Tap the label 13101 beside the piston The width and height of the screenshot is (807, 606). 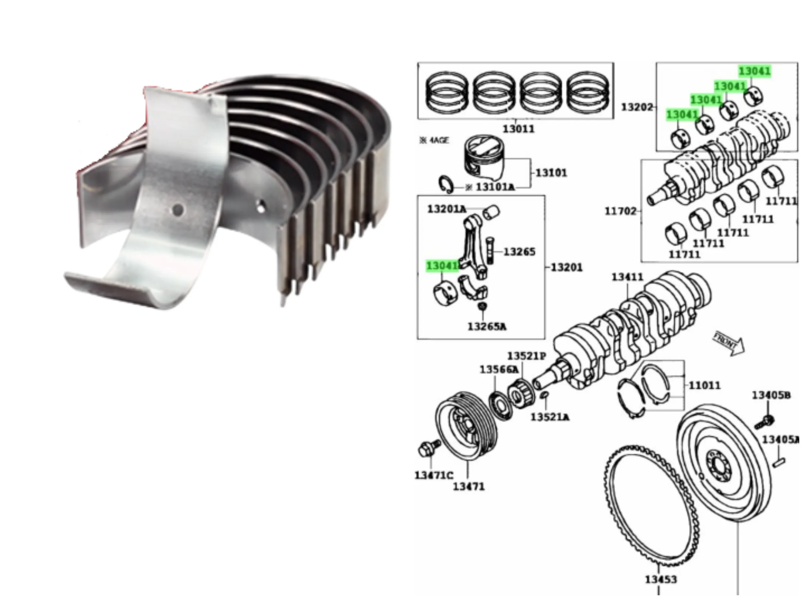551,172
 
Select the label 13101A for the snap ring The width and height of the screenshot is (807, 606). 495,187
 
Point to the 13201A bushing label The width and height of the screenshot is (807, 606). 447,209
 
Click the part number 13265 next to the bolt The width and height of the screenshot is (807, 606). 520,252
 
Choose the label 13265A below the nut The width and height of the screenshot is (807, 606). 487,327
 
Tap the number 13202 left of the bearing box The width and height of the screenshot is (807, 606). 637,107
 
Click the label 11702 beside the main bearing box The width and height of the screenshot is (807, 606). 620,211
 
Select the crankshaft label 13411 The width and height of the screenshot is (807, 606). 628,277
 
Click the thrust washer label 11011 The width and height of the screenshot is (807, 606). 705,385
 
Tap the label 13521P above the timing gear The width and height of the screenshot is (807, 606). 526,356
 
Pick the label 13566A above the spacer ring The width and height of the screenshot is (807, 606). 498,370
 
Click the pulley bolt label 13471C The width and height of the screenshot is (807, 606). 433,475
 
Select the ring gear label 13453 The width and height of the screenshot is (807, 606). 661,579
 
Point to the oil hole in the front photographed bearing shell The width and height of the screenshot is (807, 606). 178,210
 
